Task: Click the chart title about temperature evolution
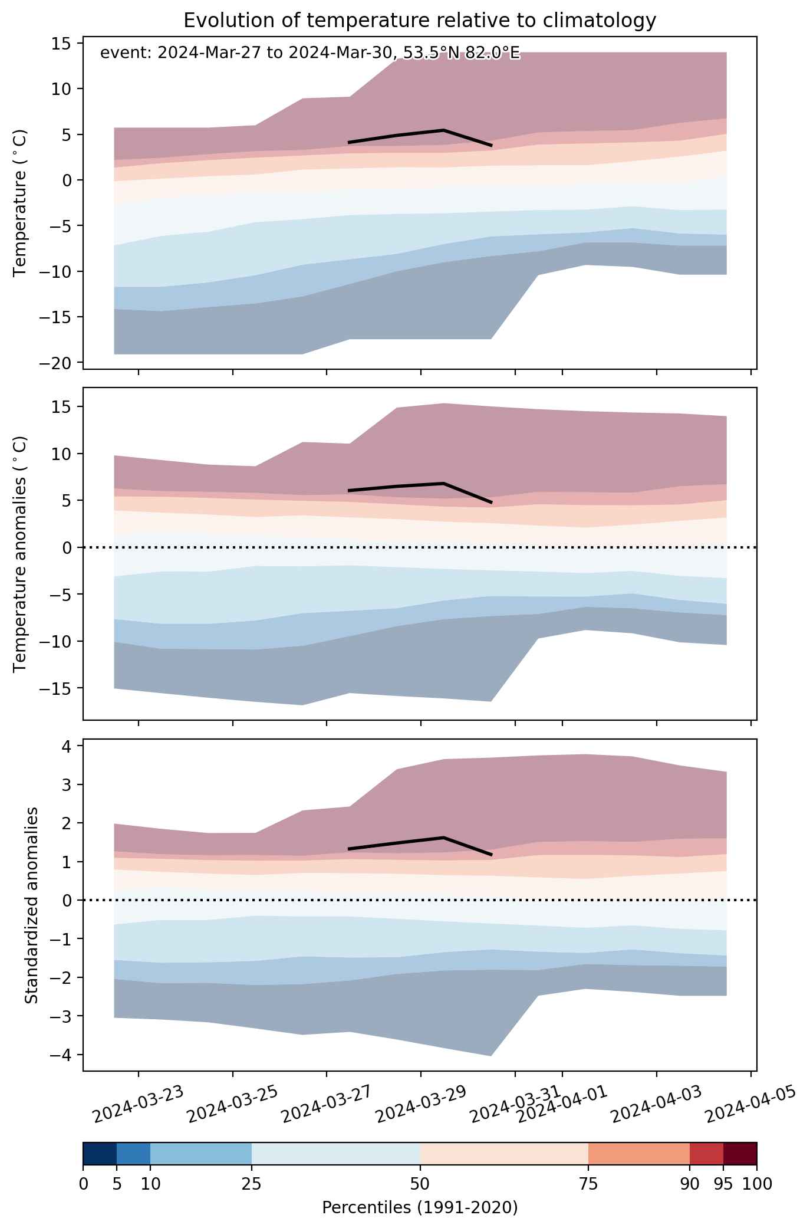coord(420,21)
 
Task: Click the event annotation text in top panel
coord(310,54)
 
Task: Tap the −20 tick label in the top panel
coord(56,363)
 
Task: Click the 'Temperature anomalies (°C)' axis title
coord(21,554)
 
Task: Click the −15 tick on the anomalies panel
coord(56,688)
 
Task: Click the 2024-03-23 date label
coord(139,1102)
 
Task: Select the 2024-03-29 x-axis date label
coord(422,1102)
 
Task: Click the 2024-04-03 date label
coord(657,1102)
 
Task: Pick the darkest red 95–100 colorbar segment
coord(740,1154)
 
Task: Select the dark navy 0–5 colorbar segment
coord(100,1154)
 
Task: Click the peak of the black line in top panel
coord(443,130)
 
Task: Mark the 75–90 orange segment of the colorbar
coord(639,1154)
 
